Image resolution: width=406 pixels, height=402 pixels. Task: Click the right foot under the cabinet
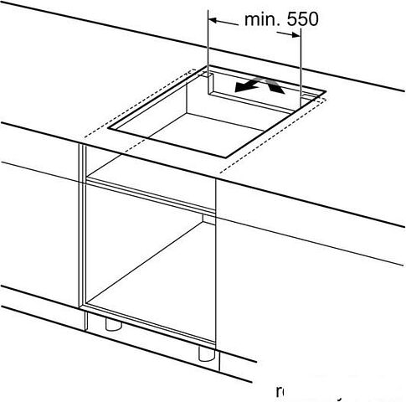point(205,353)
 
